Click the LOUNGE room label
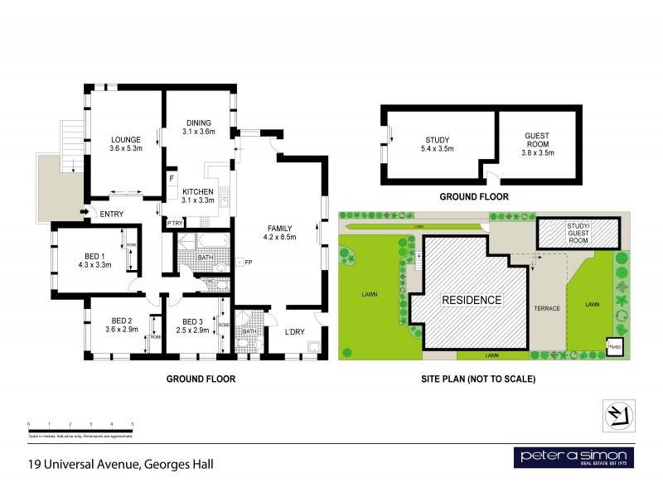126,139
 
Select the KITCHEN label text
199,191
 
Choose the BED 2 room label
123,321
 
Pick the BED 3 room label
192,321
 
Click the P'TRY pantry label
175,223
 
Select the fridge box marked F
172,178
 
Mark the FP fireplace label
248,263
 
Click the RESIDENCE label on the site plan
471,299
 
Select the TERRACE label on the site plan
548,308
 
